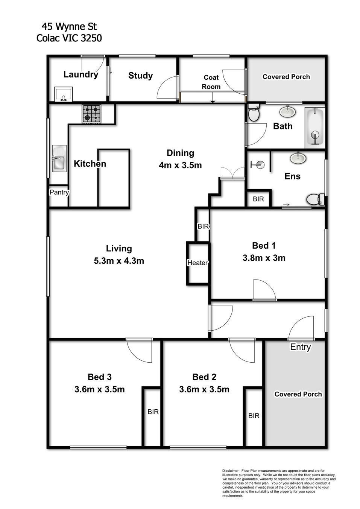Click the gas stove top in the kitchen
(x=91, y=114)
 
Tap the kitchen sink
(x=59, y=158)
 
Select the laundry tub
(x=64, y=94)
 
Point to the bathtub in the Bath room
(x=315, y=128)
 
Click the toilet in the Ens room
(x=316, y=199)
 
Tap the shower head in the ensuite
(x=258, y=164)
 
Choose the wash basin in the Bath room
(x=287, y=112)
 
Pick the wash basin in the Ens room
(x=298, y=158)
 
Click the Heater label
(x=197, y=263)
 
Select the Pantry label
(x=59, y=192)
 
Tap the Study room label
(x=140, y=76)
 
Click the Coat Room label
(x=211, y=82)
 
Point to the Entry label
(x=301, y=347)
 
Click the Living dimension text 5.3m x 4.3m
(x=119, y=261)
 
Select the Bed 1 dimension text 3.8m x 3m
(x=264, y=258)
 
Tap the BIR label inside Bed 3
(x=153, y=412)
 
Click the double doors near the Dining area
(x=232, y=173)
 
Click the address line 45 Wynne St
(x=69, y=27)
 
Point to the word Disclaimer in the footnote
(x=231, y=471)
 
